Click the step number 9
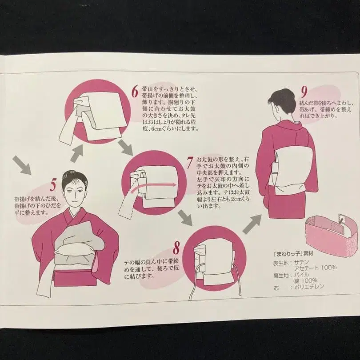pyautogui.click(x=304, y=92)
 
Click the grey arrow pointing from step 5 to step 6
pyautogui.click(x=77, y=153)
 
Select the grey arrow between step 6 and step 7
pyautogui.click(x=125, y=147)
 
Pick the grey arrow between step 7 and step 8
pyautogui.click(x=184, y=217)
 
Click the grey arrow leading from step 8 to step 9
pyautogui.click(x=252, y=224)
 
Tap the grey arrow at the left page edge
pyautogui.click(x=23, y=165)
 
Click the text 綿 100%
pyautogui.click(x=305, y=280)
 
